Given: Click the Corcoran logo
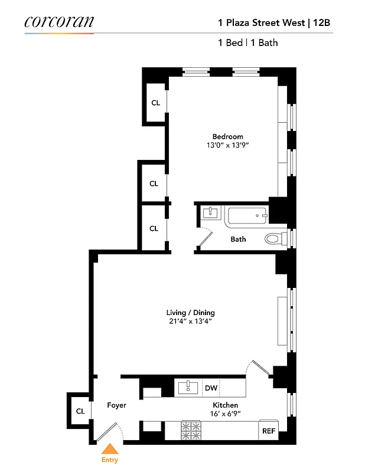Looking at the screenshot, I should click(x=58, y=22).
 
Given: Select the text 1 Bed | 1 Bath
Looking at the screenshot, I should click(x=247, y=42).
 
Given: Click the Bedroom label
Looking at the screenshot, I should click(x=227, y=136).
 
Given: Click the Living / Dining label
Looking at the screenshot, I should click(x=190, y=313).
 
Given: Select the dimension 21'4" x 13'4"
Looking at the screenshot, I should click(x=190, y=322).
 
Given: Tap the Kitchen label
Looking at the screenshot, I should click(x=225, y=405).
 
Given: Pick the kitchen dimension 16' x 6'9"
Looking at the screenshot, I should click(x=225, y=414).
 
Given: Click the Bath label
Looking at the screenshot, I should click(x=238, y=239).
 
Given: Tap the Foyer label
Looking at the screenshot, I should click(x=116, y=405).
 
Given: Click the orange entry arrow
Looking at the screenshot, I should click(x=110, y=450).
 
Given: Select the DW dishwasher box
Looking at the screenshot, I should click(x=211, y=388).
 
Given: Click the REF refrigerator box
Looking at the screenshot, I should click(x=268, y=431).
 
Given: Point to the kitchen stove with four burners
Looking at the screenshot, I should click(x=191, y=430).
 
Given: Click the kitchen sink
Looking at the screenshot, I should click(x=189, y=387).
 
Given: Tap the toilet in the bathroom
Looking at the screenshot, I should click(x=273, y=239).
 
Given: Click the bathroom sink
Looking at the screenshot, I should click(x=209, y=213).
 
